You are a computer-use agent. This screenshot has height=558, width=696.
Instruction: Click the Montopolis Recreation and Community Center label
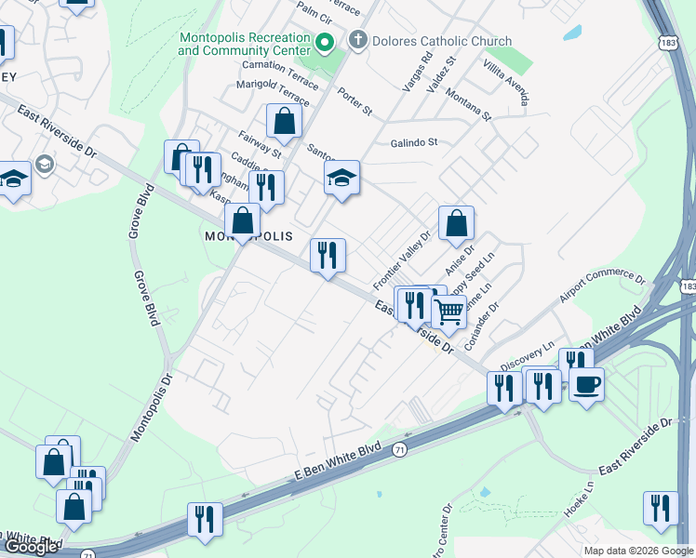pyautogui.click(x=244, y=45)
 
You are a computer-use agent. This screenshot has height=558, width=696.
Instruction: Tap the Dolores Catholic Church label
pyautogui.click(x=442, y=41)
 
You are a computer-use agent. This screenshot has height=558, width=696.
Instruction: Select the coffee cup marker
pyautogui.click(x=586, y=384)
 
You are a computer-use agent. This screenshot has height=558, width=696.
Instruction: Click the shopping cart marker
pyautogui.click(x=448, y=312)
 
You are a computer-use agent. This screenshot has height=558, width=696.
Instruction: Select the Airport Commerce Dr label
pyautogui.click(x=601, y=287)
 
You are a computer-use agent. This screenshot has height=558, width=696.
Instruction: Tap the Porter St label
pyautogui.click(x=355, y=101)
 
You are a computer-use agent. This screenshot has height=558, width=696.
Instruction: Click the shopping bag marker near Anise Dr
pyautogui.click(x=456, y=224)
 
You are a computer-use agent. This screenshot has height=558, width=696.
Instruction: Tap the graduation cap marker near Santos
pyautogui.click(x=341, y=178)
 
